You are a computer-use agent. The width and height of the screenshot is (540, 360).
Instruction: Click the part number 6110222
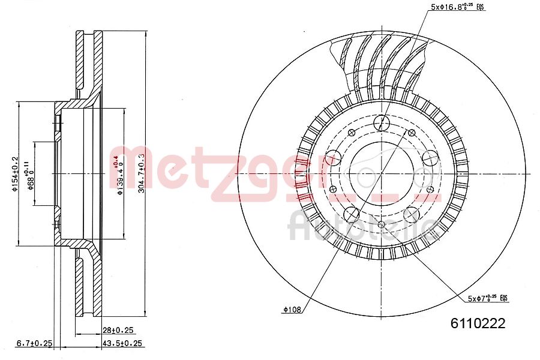coord(478,323)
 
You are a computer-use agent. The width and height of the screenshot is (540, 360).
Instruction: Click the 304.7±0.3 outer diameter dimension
coord(142,173)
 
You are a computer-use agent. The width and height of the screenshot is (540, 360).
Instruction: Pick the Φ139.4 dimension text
coord(119,174)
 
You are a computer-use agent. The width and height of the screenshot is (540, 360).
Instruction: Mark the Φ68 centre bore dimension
coord(30,174)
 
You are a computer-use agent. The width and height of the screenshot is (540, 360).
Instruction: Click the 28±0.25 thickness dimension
coord(118,329)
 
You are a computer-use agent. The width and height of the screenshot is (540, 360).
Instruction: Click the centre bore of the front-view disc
coord(382,173)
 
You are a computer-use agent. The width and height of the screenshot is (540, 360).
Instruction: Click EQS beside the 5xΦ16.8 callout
coord(479,7)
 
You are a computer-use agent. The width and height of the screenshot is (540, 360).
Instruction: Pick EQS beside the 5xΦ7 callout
coord(503,298)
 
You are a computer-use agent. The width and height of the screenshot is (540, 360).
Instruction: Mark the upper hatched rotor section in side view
coord(89,60)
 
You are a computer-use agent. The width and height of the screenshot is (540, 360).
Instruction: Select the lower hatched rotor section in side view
coord(89,285)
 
